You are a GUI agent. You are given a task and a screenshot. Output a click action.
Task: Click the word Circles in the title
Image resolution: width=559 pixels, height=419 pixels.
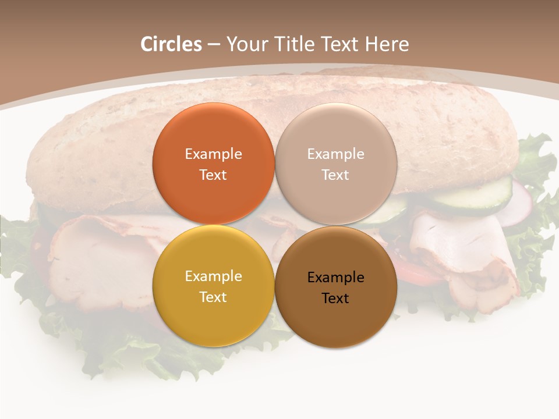pos(171,44)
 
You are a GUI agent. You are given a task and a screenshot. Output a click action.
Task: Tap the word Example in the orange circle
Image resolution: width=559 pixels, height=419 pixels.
pos(213,154)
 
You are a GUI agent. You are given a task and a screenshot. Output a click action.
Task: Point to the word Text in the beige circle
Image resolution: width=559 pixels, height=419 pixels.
pos(335,175)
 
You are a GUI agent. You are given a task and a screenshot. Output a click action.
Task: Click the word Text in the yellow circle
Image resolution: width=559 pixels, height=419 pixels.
pos(213,297)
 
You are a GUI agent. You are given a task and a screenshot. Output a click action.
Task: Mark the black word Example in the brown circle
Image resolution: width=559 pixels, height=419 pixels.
pos(335,277)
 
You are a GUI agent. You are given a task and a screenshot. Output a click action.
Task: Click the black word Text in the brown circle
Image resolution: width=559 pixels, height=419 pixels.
pos(335,298)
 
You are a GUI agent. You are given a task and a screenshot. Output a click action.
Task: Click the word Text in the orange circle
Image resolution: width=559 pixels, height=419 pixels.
pos(213,175)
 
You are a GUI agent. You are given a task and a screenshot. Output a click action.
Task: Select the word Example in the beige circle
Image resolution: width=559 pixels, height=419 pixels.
pos(335,154)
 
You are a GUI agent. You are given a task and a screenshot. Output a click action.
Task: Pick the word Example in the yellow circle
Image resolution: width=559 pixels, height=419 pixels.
pos(213,276)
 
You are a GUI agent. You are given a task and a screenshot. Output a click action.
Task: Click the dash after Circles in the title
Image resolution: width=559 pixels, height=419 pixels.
pos(214,45)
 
